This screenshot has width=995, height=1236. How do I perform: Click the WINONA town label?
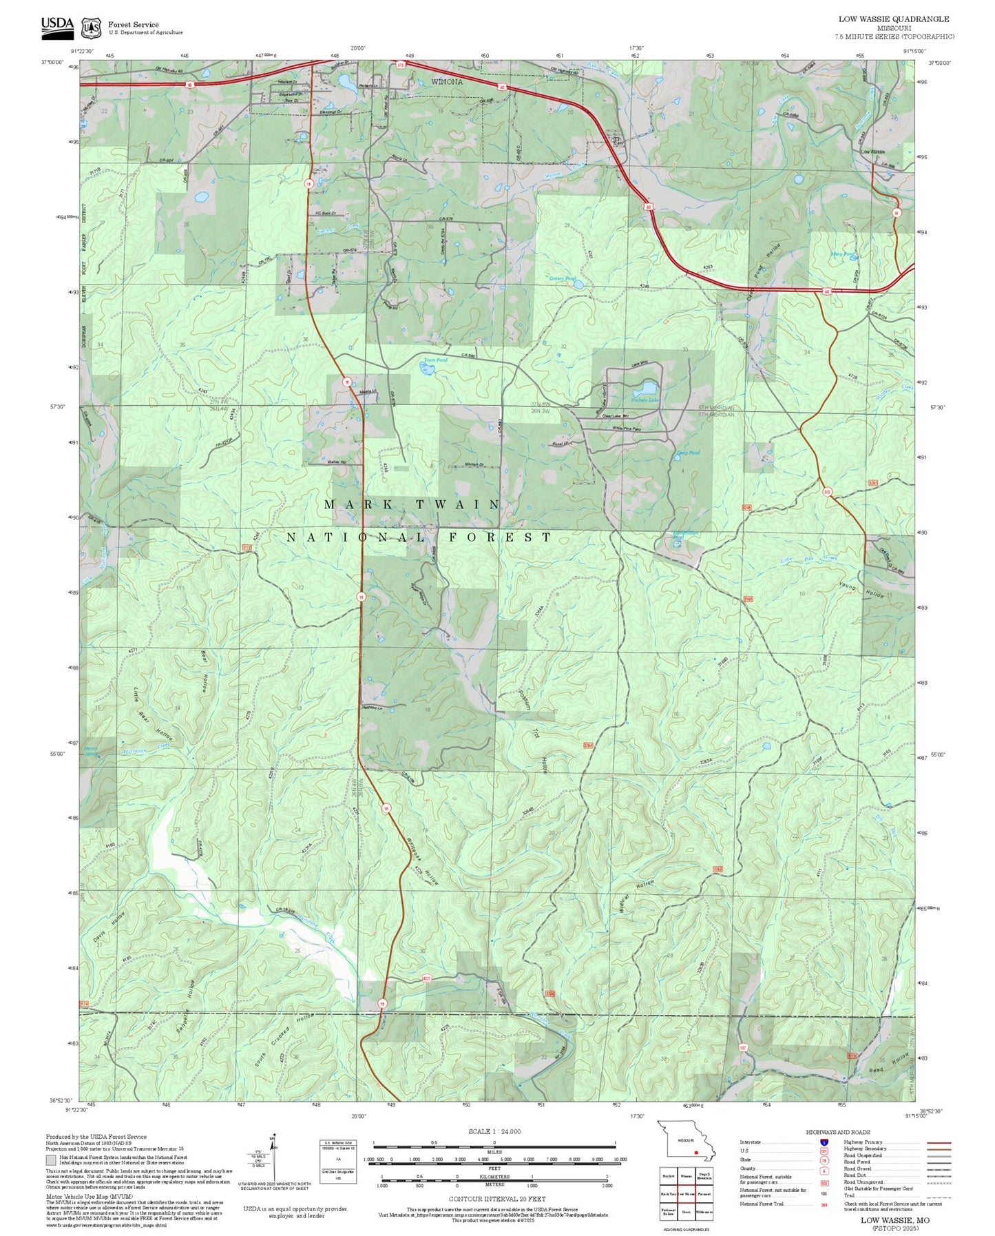tap(447, 81)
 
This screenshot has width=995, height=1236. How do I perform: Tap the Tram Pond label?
tap(435, 360)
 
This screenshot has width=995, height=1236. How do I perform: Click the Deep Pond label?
tap(688, 453)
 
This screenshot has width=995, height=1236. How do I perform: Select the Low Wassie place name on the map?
tap(872, 152)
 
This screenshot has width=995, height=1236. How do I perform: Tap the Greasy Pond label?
tap(562, 278)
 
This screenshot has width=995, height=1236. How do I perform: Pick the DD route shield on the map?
tap(826, 491)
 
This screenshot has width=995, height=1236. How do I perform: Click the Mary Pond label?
tap(843, 254)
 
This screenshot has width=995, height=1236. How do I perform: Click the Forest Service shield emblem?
tap(91, 28)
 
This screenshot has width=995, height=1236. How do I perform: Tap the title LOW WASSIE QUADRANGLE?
tap(893, 19)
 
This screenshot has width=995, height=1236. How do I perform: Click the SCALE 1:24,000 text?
tap(494, 1131)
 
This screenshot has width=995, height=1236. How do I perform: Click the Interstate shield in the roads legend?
tap(824, 1142)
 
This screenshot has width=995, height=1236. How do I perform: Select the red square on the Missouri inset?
tap(696, 1152)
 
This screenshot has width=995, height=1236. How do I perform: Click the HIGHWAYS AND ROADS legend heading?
tap(838, 1132)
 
